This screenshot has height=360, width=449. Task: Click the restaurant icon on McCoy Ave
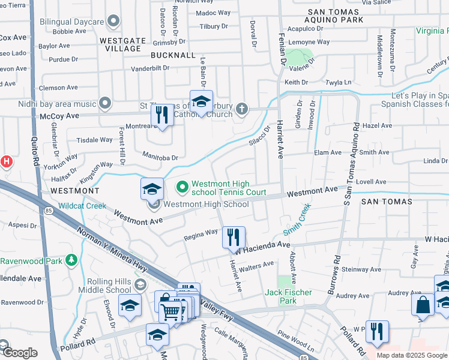click(161, 113)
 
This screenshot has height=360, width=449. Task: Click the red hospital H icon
click(5, 161)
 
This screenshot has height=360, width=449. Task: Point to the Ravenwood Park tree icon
click(71, 260)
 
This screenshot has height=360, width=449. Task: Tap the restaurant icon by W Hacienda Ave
click(234, 237)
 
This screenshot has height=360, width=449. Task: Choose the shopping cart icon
click(171, 311)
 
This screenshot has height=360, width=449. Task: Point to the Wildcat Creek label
click(82, 205)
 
